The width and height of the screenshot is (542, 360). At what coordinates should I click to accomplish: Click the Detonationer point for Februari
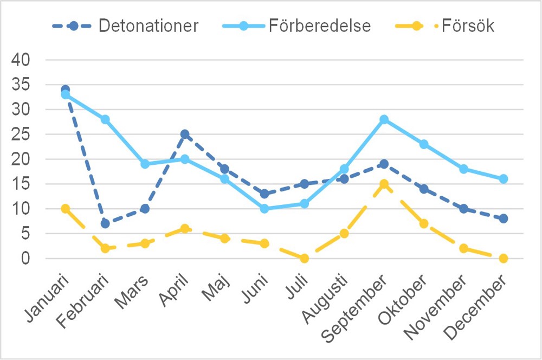pos(105,223)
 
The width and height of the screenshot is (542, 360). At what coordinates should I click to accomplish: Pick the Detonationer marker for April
pos(185,134)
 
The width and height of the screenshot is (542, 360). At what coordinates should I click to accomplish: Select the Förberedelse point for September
pos(384,119)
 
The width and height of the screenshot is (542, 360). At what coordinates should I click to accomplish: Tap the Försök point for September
pos(384,184)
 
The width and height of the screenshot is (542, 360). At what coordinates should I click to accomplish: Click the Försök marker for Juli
pos(304,258)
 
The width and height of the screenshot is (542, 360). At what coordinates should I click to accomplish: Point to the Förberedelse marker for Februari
pos(105,119)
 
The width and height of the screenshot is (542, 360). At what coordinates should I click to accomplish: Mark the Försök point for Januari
pos(66,209)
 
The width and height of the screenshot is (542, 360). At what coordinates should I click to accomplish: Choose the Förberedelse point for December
pos(504,179)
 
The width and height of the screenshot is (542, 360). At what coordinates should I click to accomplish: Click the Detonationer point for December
pos(504,218)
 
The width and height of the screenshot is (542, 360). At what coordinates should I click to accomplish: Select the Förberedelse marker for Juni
pos(264,209)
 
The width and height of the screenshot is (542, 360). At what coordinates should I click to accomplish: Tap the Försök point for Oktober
pos(424,223)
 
